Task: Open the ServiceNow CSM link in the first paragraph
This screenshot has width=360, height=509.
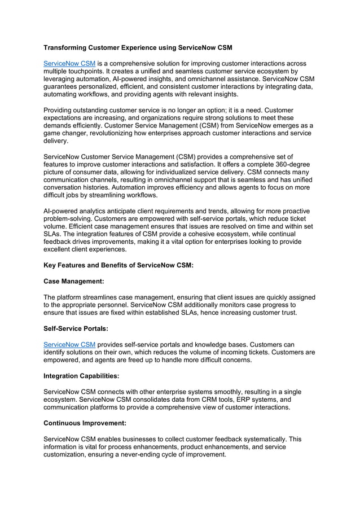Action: [69, 63]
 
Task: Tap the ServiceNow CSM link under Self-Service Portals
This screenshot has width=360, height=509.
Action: [69, 344]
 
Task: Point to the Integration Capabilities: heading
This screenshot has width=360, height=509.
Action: [81, 375]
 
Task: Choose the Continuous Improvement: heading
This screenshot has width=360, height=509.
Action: [82, 422]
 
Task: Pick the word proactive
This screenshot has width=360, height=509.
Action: [293, 211]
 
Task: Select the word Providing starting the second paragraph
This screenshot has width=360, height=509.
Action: [60, 110]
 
